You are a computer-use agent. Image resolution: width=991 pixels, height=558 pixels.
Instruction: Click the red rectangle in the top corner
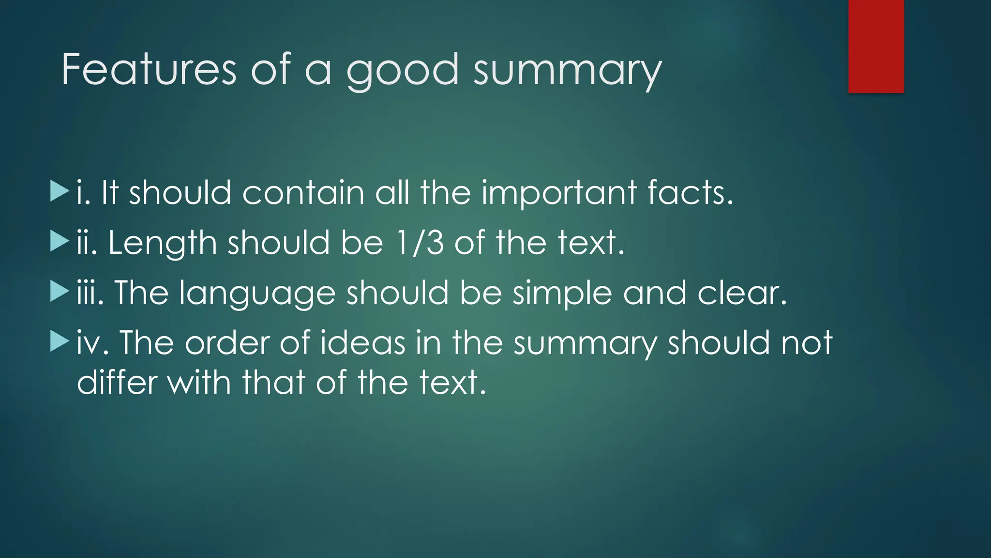click(876, 46)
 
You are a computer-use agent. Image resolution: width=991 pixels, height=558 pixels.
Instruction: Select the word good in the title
click(402, 71)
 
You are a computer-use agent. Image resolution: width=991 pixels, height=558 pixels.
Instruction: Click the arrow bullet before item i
click(60, 192)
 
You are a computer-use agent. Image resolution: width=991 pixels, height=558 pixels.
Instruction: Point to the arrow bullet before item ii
click(60, 242)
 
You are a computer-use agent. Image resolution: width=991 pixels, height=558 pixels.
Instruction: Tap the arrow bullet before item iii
click(60, 292)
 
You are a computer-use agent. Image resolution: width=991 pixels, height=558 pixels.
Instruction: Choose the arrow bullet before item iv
click(60, 342)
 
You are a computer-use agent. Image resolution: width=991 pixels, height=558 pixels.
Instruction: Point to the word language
click(257, 294)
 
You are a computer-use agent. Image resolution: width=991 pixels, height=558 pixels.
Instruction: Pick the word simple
click(562, 294)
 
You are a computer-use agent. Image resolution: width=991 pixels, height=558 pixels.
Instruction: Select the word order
click(226, 342)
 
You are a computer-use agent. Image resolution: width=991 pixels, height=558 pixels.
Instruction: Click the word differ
click(117, 382)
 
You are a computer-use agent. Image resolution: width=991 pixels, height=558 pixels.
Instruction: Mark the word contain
click(303, 192)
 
